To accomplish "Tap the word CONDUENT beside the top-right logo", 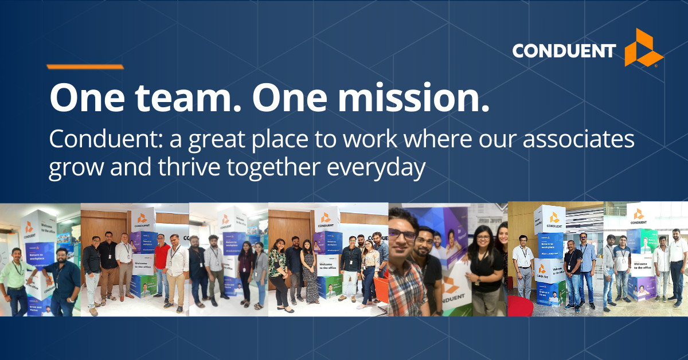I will (564, 51).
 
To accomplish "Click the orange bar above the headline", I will (85, 67).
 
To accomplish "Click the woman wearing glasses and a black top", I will (484, 269).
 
